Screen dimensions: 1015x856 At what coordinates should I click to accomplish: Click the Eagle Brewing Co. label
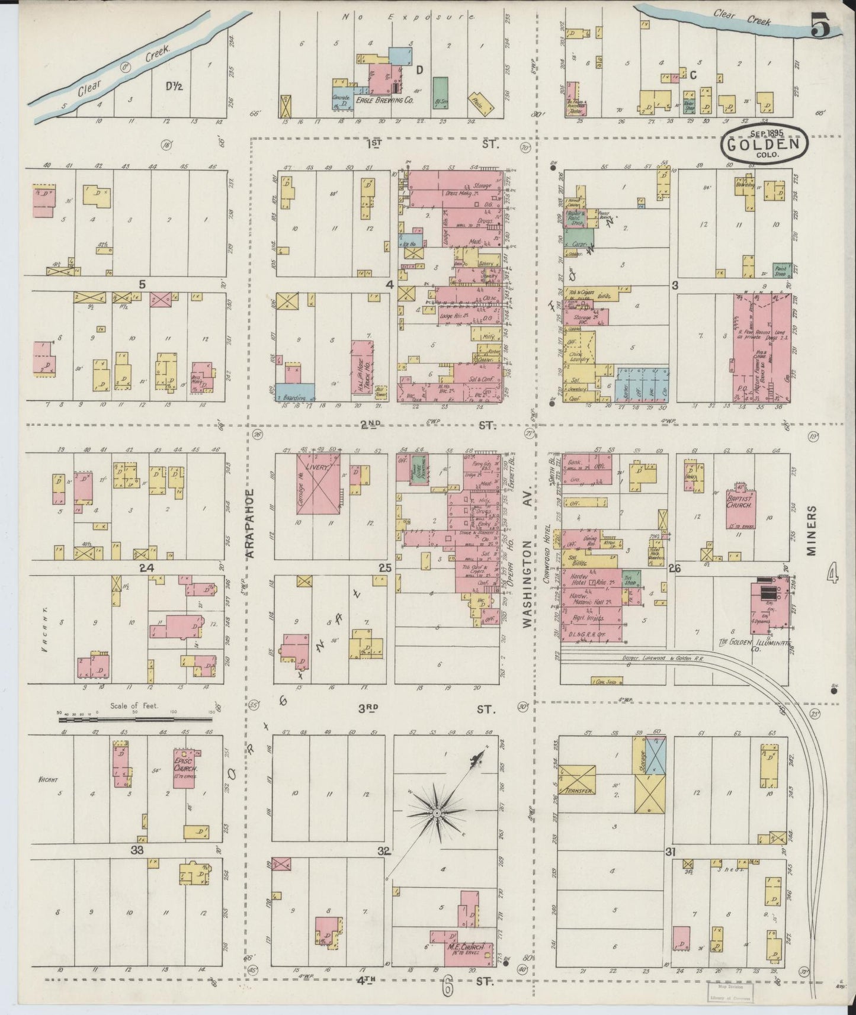(384, 101)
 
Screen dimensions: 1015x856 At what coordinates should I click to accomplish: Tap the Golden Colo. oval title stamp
(764, 144)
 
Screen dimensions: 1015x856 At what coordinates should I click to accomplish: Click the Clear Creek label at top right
(742, 17)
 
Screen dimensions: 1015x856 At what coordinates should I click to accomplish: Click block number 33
(137, 850)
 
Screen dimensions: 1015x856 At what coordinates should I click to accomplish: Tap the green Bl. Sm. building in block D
(440, 91)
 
